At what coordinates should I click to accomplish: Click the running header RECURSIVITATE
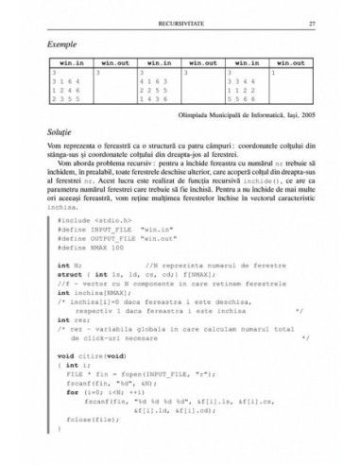[180, 20]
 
